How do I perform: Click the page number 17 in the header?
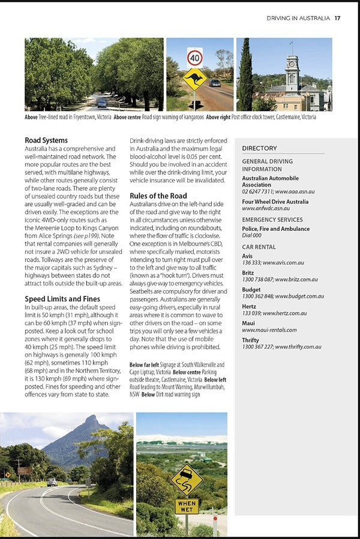pyautogui.click(x=338, y=18)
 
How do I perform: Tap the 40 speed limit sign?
pyautogui.click(x=195, y=58)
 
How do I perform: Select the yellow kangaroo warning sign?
pyautogui.click(x=195, y=79)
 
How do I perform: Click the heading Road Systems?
pyautogui.click(x=46, y=141)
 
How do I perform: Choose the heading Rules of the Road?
pyautogui.click(x=158, y=195)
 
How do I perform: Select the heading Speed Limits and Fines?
pyautogui.click(x=61, y=299)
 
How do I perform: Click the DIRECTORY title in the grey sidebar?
pyautogui.click(x=259, y=148)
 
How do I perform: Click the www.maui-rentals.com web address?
pyautogui.click(x=269, y=330)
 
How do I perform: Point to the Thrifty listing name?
pyautogui.click(x=251, y=340)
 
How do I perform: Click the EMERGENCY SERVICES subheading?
pyautogui.click(x=272, y=220)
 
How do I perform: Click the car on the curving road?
pyautogui.click(x=52, y=482)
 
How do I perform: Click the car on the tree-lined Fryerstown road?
pyautogui.click(x=102, y=103)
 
